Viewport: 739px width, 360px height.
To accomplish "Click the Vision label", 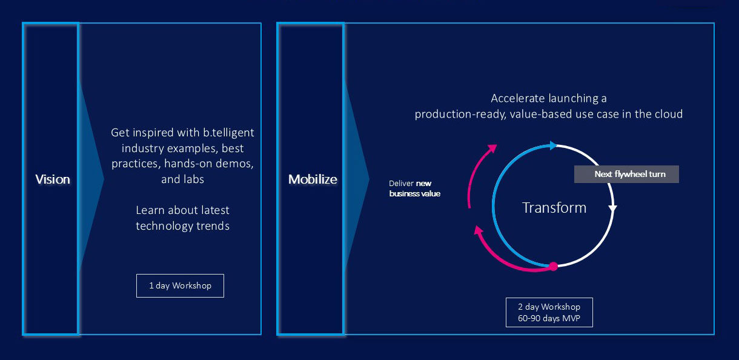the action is pos(53,179).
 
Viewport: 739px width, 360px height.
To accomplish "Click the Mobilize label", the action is pos(313,179).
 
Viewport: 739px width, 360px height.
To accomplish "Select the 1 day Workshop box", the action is pos(180,285).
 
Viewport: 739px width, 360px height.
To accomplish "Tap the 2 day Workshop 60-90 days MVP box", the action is pos(549,313).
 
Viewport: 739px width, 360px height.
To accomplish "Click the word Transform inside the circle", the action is pos(554,207).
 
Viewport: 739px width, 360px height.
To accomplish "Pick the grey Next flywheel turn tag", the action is pos(626,174).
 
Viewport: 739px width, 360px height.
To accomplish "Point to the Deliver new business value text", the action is pos(414,188).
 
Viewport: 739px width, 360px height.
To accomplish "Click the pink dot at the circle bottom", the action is pos(553,266).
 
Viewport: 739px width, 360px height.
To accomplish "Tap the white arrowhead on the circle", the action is pos(612,208).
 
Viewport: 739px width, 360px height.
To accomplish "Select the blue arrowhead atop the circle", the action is pos(553,145).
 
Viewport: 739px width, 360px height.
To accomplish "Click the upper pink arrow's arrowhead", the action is pos(492,148).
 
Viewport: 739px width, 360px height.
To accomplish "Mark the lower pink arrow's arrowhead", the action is pos(479,230).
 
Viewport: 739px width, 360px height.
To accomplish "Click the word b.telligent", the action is pos(228,133).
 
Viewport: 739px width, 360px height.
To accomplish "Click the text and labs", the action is pos(182,179).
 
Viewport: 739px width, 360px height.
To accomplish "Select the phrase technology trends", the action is pos(182,226).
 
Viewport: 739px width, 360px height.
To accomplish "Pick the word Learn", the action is pos(150,210).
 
